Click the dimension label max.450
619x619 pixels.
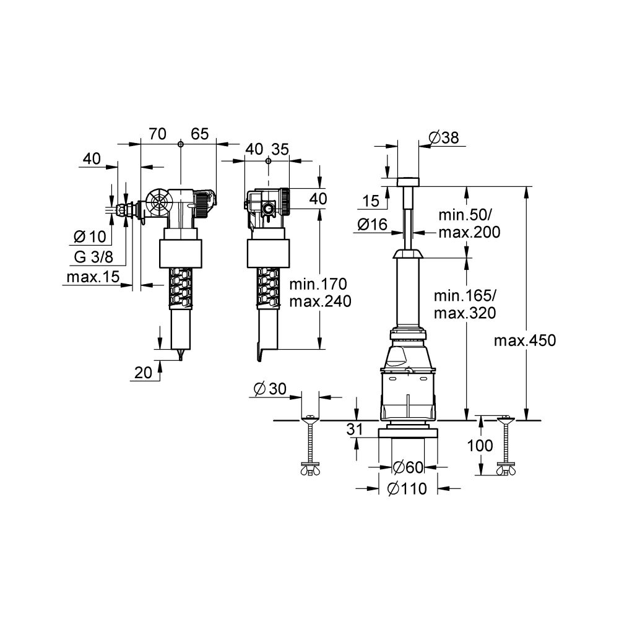pos(526,340)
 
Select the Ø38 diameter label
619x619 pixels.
pos(443,138)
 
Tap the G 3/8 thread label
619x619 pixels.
pos(90,257)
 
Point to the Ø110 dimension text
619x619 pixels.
pos(407,489)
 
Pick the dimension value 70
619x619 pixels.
pos(158,134)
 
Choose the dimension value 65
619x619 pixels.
pos(199,134)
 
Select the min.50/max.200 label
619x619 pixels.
pos(469,223)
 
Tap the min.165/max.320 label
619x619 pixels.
pos(464,304)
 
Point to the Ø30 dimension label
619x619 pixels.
pos(269,389)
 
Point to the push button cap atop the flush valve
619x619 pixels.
pos(407,181)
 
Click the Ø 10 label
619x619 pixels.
pos(89,236)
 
